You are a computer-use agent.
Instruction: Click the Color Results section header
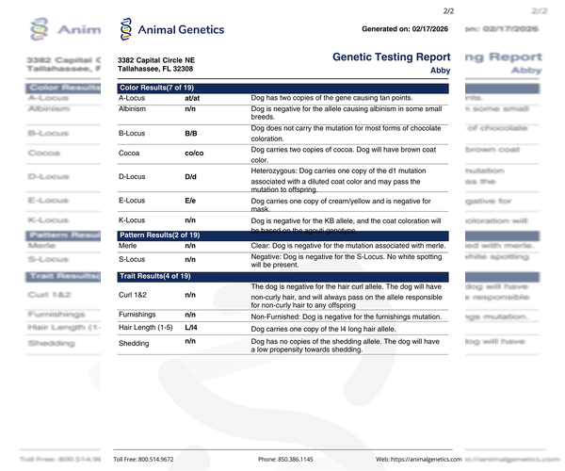tap(157, 88)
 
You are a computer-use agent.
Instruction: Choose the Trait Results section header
tap(154, 276)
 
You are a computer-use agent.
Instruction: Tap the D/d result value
tap(190, 176)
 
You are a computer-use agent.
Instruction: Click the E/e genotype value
tap(190, 201)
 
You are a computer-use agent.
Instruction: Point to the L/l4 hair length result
tap(191, 327)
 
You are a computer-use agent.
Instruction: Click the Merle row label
tap(128, 245)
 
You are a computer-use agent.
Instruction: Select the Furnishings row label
tap(137, 315)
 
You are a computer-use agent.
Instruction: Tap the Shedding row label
tap(134, 344)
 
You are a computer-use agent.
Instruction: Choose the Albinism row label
tap(132, 110)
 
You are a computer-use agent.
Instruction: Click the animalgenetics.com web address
tap(419, 459)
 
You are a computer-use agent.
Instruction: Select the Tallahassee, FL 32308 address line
tap(155, 70)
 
